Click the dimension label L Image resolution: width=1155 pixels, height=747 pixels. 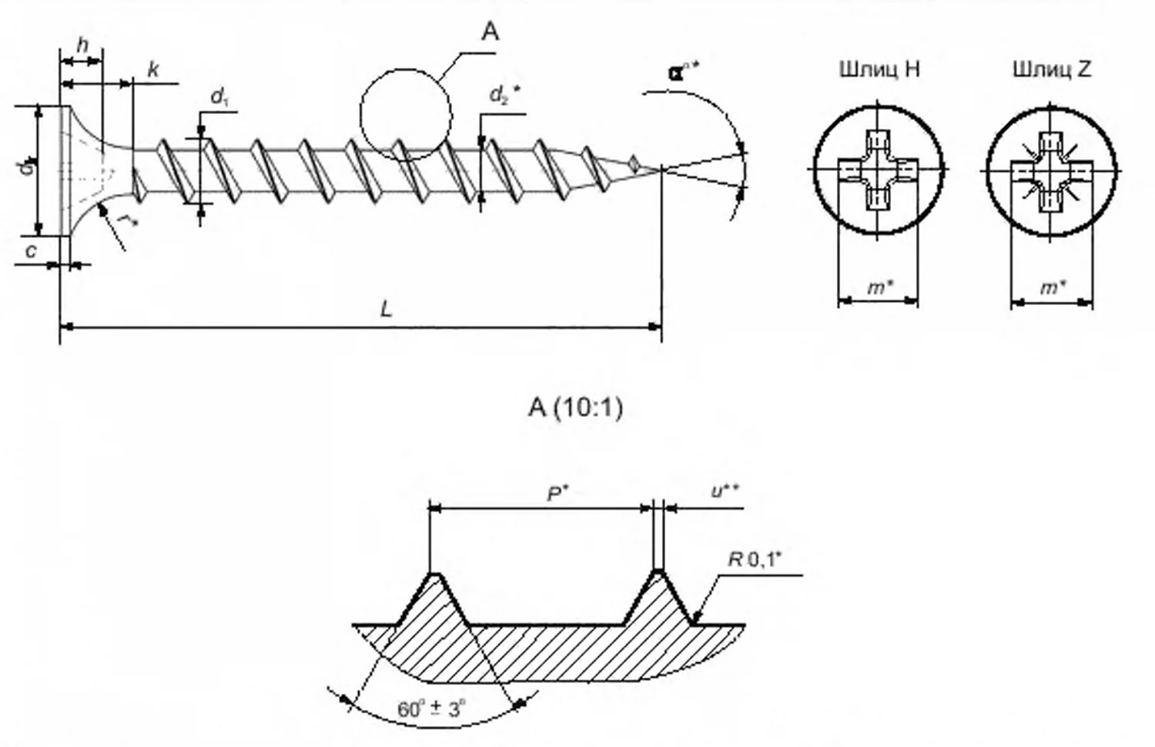[387, 310]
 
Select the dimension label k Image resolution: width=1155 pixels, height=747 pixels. [153, 70]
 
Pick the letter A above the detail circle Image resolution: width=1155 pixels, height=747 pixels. [490, 32]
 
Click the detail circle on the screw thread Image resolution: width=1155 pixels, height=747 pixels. [406, 115]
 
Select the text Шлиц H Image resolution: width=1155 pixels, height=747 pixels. [879, 69]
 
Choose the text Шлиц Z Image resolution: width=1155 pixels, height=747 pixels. [1052, 69]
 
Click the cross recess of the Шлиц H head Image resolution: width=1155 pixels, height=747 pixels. [878, 169]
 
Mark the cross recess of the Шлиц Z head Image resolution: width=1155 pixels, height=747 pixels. [1051, 170]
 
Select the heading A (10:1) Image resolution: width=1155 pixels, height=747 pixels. [576, 407]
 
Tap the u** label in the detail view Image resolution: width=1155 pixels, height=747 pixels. [725, 491]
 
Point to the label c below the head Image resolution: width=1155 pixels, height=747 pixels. [31, 250]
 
